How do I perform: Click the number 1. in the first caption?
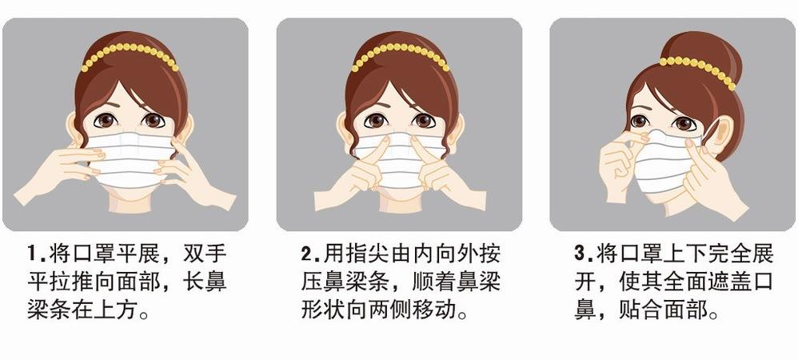[x=35, y=255]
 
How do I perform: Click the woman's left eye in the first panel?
[x=154, y=121]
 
